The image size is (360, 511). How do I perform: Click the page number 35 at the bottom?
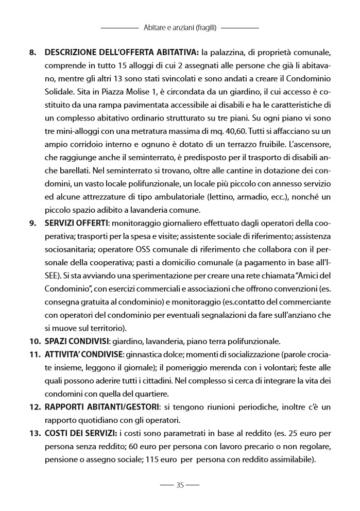[x=180, y=485]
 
